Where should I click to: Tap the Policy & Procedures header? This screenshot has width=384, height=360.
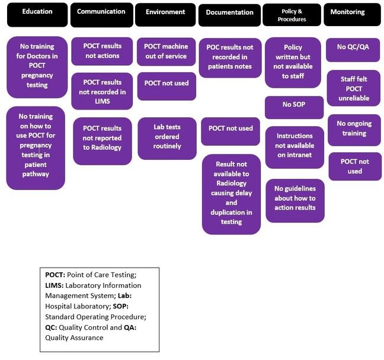(292, 15)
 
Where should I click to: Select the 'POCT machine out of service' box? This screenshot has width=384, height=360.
(166, 52)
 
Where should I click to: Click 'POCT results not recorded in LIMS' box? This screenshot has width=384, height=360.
(102, 91)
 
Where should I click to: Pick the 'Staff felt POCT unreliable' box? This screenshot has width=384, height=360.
(353, 88)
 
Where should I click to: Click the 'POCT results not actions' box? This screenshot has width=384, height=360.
(102, 52)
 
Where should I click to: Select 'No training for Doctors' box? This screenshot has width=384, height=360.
(37, 66)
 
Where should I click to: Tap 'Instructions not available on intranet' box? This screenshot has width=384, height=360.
(294, 146)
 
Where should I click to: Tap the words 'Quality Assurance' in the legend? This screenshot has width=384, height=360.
(74, 337)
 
